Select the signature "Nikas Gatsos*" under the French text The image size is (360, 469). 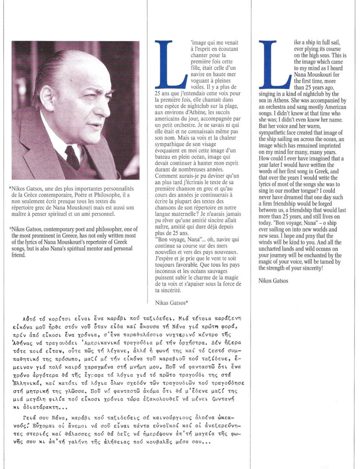point(171,301)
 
